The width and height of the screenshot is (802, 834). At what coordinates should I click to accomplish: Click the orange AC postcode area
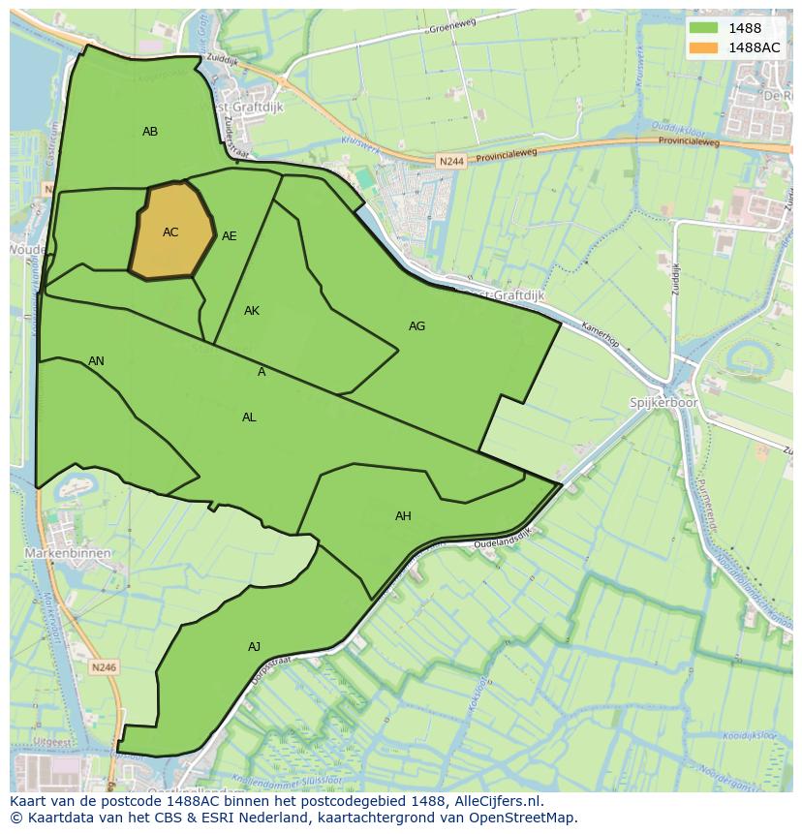171,232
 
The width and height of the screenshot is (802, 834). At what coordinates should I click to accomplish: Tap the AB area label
150,132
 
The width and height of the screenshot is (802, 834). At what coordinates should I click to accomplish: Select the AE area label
230,236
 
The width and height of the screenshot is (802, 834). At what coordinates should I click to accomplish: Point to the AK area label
252,311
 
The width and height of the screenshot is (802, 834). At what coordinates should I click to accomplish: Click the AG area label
416,326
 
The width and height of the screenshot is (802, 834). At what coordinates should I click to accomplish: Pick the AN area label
96,361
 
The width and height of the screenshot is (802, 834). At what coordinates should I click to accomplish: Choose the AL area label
249,417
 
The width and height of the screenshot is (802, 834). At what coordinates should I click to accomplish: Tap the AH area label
403,516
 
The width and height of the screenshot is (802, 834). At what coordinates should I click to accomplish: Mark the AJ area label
254,647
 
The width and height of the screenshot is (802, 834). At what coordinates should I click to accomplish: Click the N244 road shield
449,162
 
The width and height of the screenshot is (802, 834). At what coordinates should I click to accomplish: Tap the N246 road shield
104,667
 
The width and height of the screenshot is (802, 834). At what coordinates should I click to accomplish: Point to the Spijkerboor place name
663,402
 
